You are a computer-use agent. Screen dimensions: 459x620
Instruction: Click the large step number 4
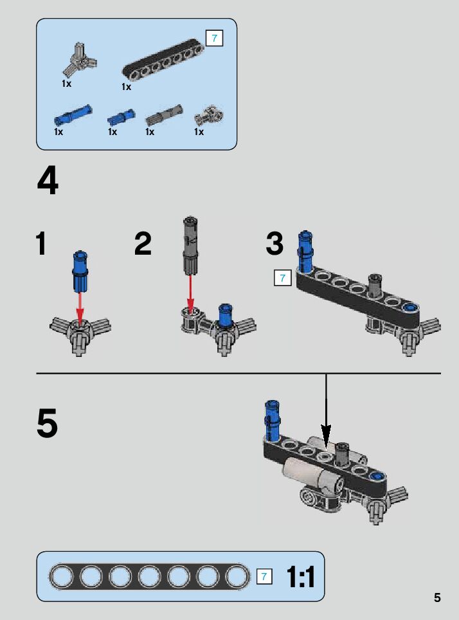pyautogui.click(x=48, y=181)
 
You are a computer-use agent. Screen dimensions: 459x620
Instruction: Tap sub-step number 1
pyautogui.click(x=41, y=244)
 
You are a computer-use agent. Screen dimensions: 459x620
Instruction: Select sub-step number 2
pyautogui.click(x=143, y=244)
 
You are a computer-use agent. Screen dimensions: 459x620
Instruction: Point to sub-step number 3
pyautogui.click(x=274, y=244)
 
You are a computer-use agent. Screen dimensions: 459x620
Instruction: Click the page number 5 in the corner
pyautogui.click(x=437, y=597)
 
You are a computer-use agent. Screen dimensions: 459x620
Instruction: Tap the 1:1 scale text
pyautogui.click(x=301, y=577)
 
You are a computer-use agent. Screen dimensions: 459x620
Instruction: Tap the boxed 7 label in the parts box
pyautogui.click(x=214, y=38)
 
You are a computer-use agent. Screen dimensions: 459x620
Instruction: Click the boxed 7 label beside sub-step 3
pyautogui.click(x=282, y=278)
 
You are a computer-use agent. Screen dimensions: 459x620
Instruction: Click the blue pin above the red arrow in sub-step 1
pyautogui.click(x=80, y=270)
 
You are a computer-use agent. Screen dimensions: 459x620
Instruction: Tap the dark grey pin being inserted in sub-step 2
pyautogui.click(x=190, y=245)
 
